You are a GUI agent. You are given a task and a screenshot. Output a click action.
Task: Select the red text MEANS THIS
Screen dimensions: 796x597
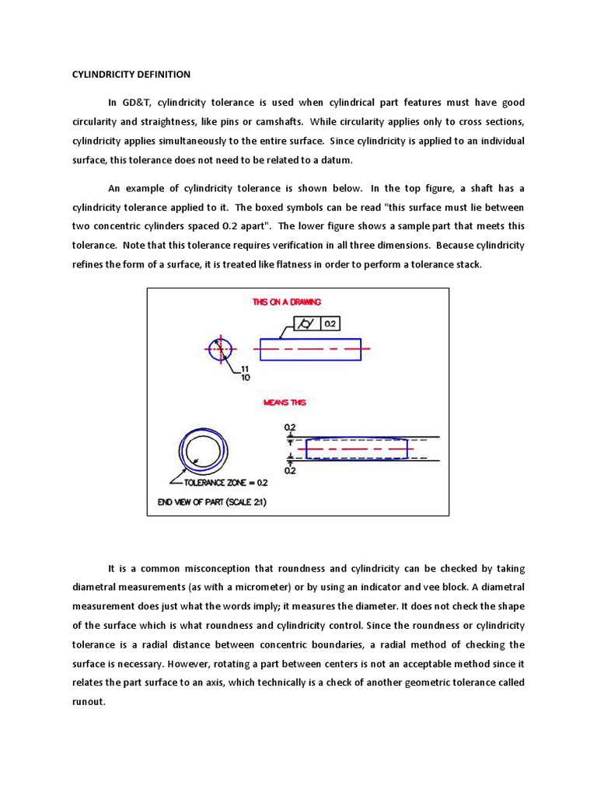(285, 403)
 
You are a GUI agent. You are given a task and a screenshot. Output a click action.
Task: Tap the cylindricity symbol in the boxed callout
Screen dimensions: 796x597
(307, 323)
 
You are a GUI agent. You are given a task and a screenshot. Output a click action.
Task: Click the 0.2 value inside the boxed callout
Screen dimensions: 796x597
(330, 323)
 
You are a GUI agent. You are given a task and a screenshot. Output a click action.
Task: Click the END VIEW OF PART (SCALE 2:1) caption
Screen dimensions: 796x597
(212, 502)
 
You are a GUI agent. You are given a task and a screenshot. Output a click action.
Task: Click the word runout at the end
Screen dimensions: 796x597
(89, 700)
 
